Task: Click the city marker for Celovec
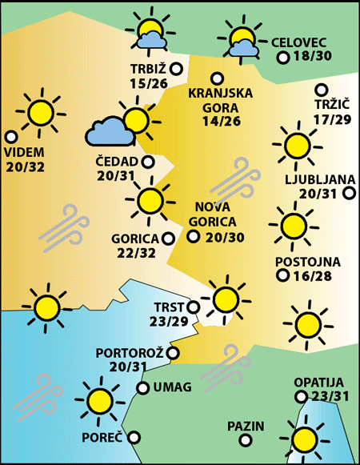coord(282,58)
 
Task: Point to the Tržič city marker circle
coord(322,90)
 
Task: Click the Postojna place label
coord(307,262)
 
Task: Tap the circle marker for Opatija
coord(301,396)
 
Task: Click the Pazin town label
coord(245,426)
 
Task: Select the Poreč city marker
coord(134,437)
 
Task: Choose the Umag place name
coord(171,388)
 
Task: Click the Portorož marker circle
coord(173,352)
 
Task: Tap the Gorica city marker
coord(168,238)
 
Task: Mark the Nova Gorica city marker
coord(193,236)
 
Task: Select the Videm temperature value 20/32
coord(24,166)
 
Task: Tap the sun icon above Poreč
coord(99,399)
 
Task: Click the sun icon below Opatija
coord(305,439)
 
